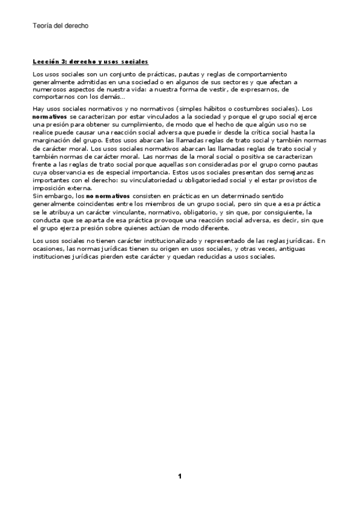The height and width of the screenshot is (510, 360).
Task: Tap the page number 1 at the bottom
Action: (179, 477)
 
